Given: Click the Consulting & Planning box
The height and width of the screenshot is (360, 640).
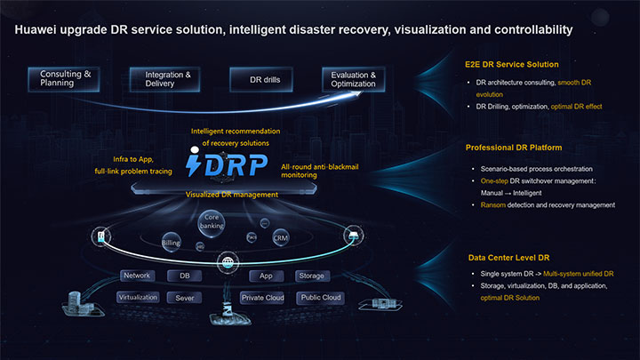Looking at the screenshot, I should click(66, 78).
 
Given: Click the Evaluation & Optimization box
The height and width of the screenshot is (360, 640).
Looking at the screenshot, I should click(354, 79).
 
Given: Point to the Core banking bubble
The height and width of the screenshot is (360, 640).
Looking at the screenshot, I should click(212, 221).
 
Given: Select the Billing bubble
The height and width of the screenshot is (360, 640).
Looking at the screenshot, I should click(172, 242).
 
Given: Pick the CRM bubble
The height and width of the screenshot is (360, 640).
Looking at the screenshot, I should click(280, 237).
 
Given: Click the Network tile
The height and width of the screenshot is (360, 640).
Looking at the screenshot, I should click(137, 276).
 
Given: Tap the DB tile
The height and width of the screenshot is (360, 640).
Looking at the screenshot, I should click(185, 276).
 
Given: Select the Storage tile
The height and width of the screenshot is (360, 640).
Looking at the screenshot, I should click(311, 276).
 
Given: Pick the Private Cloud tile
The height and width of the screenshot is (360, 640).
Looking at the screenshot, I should click(262, 298).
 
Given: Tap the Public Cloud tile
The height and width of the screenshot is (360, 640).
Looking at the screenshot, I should click(320, 298).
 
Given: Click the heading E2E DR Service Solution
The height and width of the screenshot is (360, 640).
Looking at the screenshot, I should click(511, 65).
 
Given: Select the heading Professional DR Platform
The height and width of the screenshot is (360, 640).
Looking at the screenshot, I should click(515, 147).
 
